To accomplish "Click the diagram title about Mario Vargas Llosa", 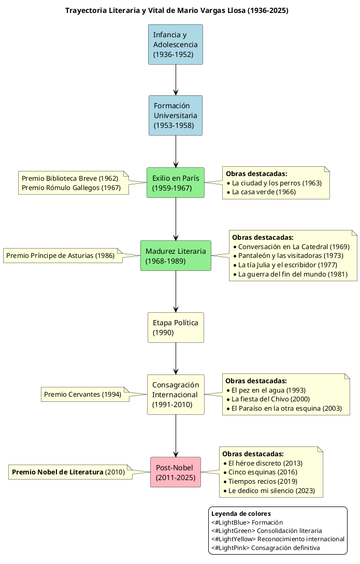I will [177, 10].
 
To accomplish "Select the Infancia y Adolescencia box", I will [176, 45].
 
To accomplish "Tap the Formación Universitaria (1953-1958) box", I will [176, 115].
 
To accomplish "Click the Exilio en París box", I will [176, 182].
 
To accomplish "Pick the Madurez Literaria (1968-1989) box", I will [176, 255].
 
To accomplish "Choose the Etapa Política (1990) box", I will [176, 327].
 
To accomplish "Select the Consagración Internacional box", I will [176, 395].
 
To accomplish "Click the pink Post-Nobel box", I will [176, 472].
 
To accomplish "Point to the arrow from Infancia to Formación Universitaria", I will [176, 80].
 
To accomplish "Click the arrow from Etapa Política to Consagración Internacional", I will [176, 358].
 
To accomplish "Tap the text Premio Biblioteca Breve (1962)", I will [70, 178].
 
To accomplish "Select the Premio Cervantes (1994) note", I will [83, 394].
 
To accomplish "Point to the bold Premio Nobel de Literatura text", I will [57, 472].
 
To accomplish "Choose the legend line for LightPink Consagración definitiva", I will [265, 547].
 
